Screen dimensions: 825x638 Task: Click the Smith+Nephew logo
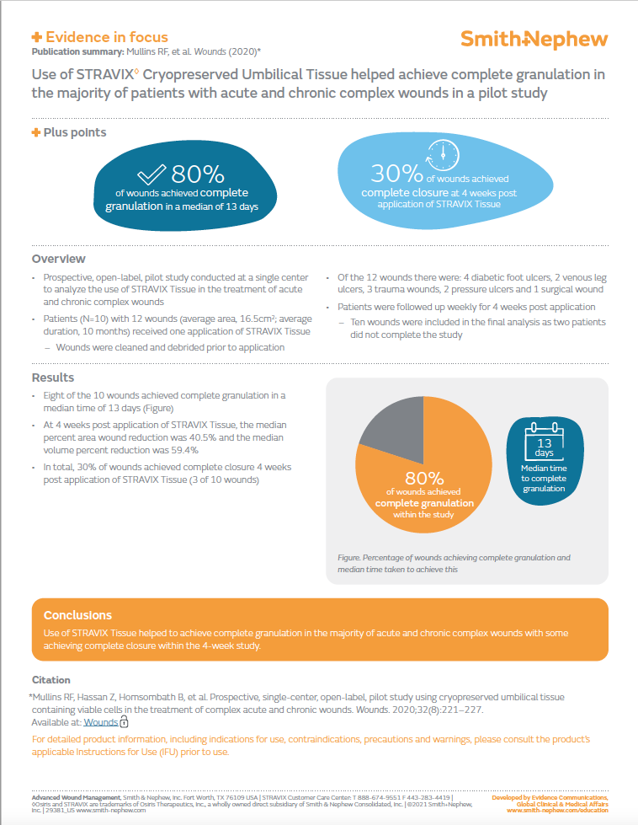click(x=534, y=39)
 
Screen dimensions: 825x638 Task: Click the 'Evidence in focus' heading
click(x=106, y=37)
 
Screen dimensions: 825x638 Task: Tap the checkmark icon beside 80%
click(x=152, y=174)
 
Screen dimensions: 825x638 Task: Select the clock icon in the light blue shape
click(x=442, y=157)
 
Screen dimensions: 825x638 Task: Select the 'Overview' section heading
click(x=58, y=259)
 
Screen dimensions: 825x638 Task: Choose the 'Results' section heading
click(x=53, y=378)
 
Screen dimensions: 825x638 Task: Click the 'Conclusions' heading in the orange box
click(x=77, y=615)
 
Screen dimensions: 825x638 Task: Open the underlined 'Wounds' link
click(x=100, y=722)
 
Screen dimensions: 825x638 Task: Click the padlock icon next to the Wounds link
click(x=124, y=722)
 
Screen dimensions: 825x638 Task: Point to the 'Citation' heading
click(x=51, y=679)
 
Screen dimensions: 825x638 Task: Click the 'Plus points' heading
click(x=75, y=132)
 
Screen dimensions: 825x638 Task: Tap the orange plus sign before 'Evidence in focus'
click(x=36, y=37)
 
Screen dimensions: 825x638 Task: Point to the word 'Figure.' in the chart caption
click(x=349, y=558)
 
